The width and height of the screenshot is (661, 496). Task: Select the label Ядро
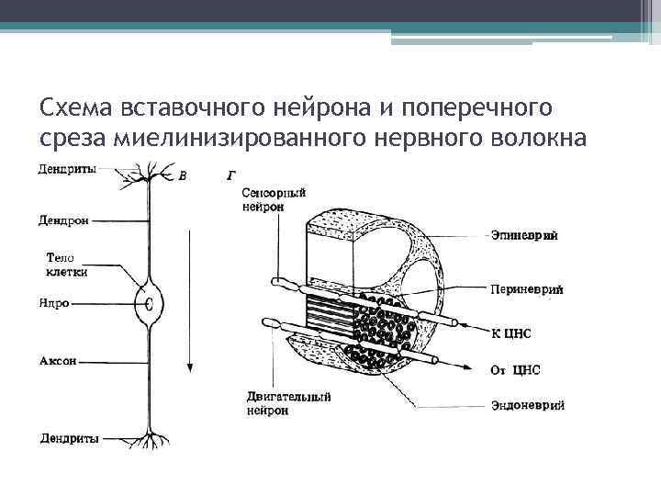pos(54,304)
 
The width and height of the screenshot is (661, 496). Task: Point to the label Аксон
pos(57,362)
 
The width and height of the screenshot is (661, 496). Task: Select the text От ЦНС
pos(516,369)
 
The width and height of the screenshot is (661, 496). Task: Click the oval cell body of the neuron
pos(150,304)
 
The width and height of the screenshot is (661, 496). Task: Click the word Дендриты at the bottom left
pos(70,438)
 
